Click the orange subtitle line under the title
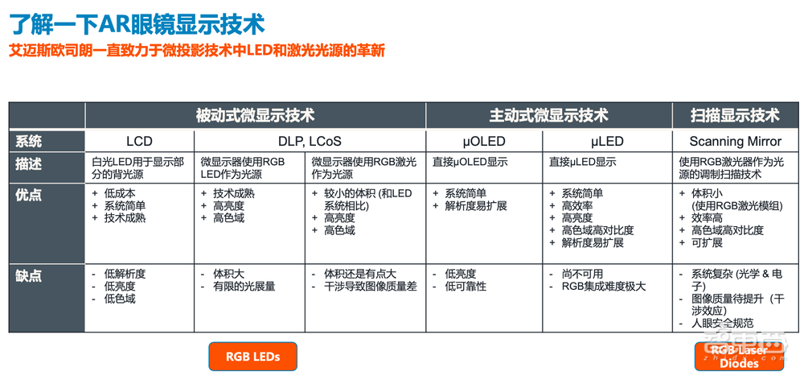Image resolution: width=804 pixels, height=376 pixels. [x=197, y=51]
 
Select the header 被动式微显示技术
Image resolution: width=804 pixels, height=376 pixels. [x=255, y=115]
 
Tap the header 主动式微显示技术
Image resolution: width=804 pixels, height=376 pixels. [x=548, y=115]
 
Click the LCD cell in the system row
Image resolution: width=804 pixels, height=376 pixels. [x=139, y=142]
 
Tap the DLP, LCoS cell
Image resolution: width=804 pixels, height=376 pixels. [x=309, y=142]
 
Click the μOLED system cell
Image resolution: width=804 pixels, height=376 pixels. [x=484, y=142]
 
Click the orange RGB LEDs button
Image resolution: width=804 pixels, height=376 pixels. [x=252, y=356]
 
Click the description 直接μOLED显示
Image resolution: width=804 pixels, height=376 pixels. [x=470, y=162]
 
